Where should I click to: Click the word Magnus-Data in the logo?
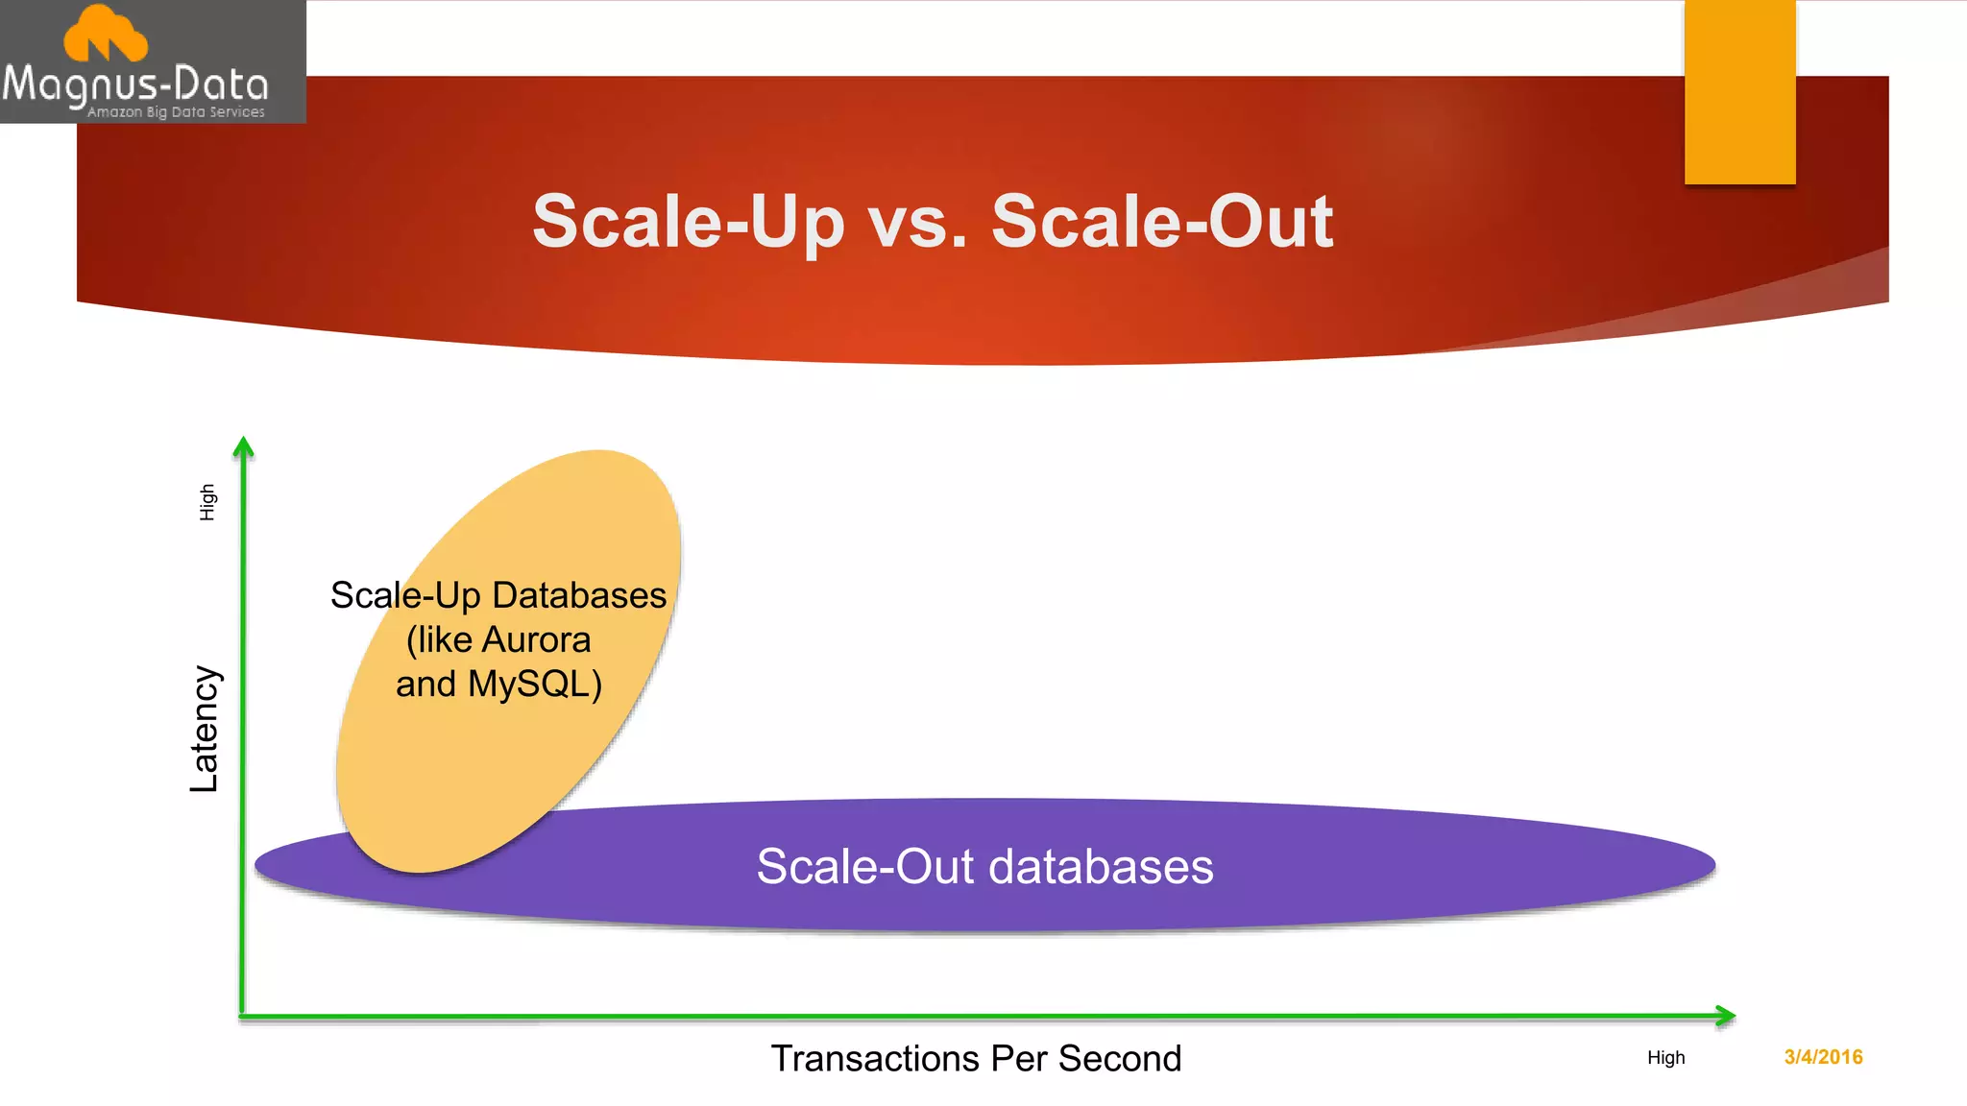pyautogui.click(x=134, y=85)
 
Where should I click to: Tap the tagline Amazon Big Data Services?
pyautogui.click(x=176, y=112)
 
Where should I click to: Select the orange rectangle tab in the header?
pyautogui.click(x=1739, y=91)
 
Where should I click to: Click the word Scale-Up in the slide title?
pyautogui.click(x=688, y=222)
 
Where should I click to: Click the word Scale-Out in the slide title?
pyautogui.click(x=1162, y=222)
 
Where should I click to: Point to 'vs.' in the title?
pyautogui.click(x=917, y=222)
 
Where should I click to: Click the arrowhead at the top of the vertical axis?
pyautogui.click(x=244, y=447)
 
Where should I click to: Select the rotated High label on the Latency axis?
pyautogui.click(x=207, y=502)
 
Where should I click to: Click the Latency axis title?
pyautogui.click(x=205, y=729)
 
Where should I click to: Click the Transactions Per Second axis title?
pyautogui.click(x=976, y=1058)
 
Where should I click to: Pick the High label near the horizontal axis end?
pyautogui.click(x=1665, y=1058)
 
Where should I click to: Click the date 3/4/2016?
pyautogui.click(x=1823, y=1057)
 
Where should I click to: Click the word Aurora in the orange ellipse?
pyautogui.click(x=536, y=639)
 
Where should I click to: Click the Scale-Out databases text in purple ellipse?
pyautogui.click(x=984, y=866)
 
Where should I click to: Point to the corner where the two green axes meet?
pyautogui.click(x=243, y=1015)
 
